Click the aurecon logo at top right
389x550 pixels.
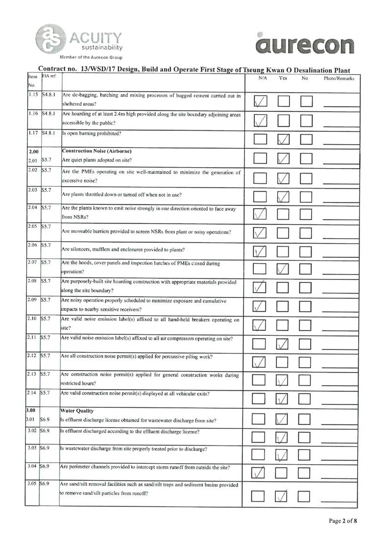pyautogui.click(x=304, y=44)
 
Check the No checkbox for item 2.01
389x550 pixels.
pyautogui.click(x=306, y=158)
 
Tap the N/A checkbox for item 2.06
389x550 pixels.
pyautogui.click(x=261, y=251)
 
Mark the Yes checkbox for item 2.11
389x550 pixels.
pyautogui.click(x=284, y=344)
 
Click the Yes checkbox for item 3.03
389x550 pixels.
pyautogui.click(x=284, y=455)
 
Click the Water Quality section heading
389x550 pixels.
pyautogui.click(x=76, y=410)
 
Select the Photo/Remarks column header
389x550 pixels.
pyautogui.click(x=339, y=78)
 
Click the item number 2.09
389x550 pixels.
pyautogui.click(x=32, y=299)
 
